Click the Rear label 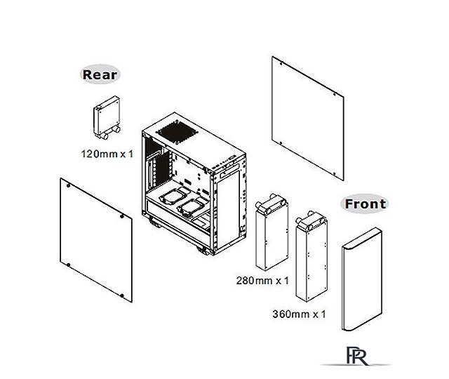click(x=100, y=74)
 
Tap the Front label click(x=365, y=204)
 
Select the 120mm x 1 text click(x=107, y=154)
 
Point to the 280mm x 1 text click(x=262, y=281)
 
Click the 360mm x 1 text click(x=299, y=314)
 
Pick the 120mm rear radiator click(x=107, y=117)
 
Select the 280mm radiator click(x=272, y=232)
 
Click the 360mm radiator click(x=311, y=256)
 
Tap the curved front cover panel click(x=362, y=279)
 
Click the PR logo click(x=357, y=356)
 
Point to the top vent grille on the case click(x=177, y=133)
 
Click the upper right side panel click(x=307, y=118)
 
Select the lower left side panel click(x=96, y=240)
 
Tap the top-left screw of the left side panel click(x=68, y=185)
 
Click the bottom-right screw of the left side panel click(x=122, y=295)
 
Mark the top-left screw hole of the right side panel click(x=281, y=64)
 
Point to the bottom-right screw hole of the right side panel click(x=335, y=173)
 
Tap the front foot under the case click(x=204, y=250)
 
